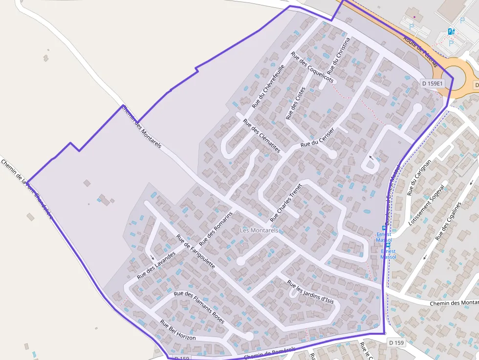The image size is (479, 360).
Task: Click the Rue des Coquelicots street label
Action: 312,67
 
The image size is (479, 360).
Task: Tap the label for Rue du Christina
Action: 342,56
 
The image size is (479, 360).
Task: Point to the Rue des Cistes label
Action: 295,103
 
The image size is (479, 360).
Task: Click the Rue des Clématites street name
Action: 261,136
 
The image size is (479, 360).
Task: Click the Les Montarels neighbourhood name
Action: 259,230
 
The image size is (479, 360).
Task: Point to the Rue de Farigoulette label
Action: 196,252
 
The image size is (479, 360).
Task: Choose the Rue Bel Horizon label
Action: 178,330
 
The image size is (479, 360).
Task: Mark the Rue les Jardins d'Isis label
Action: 310,292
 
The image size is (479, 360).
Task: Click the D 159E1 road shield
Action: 433,84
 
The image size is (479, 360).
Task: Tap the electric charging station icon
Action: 451,32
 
